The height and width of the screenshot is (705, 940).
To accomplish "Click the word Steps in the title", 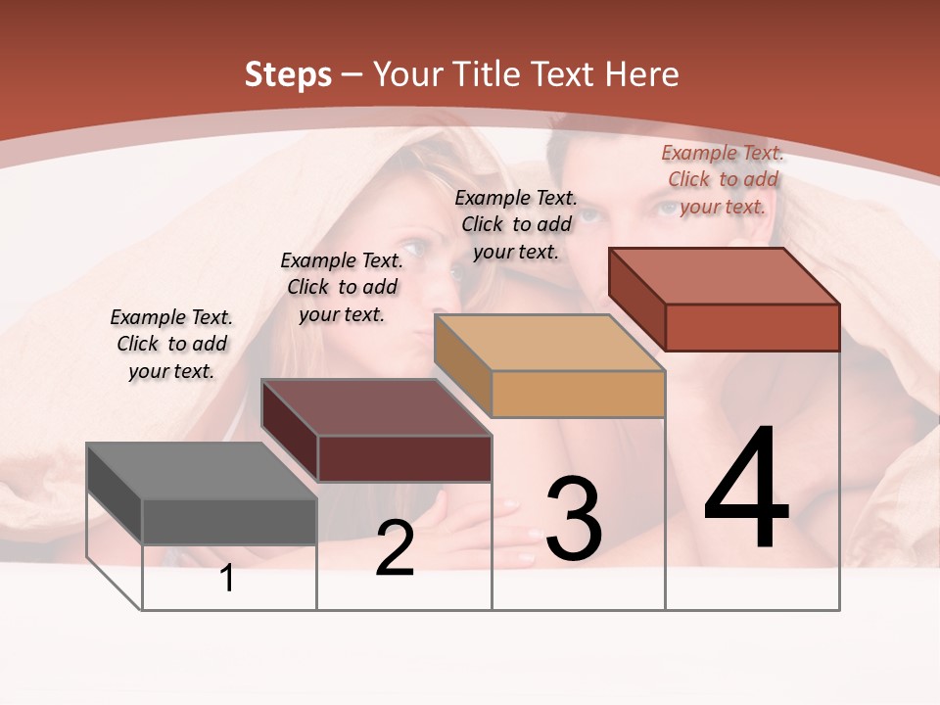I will (x=287, y=74).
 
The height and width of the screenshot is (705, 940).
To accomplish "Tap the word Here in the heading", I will (x=642, y=74).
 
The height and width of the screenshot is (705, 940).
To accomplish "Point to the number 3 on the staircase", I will (x=574, y=519).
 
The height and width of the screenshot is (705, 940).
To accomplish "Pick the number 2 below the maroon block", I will (x=395, y=548).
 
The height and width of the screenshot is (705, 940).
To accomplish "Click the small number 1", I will (x=227, y=579).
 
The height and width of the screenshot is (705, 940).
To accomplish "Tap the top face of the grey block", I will (x=201, y=471).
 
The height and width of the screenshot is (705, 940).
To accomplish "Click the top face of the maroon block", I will (x=376, y=407).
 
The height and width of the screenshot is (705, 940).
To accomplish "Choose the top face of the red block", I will (x=724, y=276).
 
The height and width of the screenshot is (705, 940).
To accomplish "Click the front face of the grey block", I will (x=229, y=521).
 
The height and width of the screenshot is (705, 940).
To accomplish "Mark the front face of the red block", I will (x=752, y=327).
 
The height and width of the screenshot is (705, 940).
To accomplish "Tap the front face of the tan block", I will (x=578, y=394).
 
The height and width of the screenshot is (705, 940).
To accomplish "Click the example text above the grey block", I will (x=171, y=344).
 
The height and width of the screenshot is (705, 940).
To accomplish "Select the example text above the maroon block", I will (x=342, y=287).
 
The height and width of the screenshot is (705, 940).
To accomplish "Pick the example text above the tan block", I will (x=516, y=224).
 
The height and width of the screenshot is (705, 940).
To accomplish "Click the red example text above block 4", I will (x=723, y=179).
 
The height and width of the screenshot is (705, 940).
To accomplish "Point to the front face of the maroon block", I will (x=404, y=458).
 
